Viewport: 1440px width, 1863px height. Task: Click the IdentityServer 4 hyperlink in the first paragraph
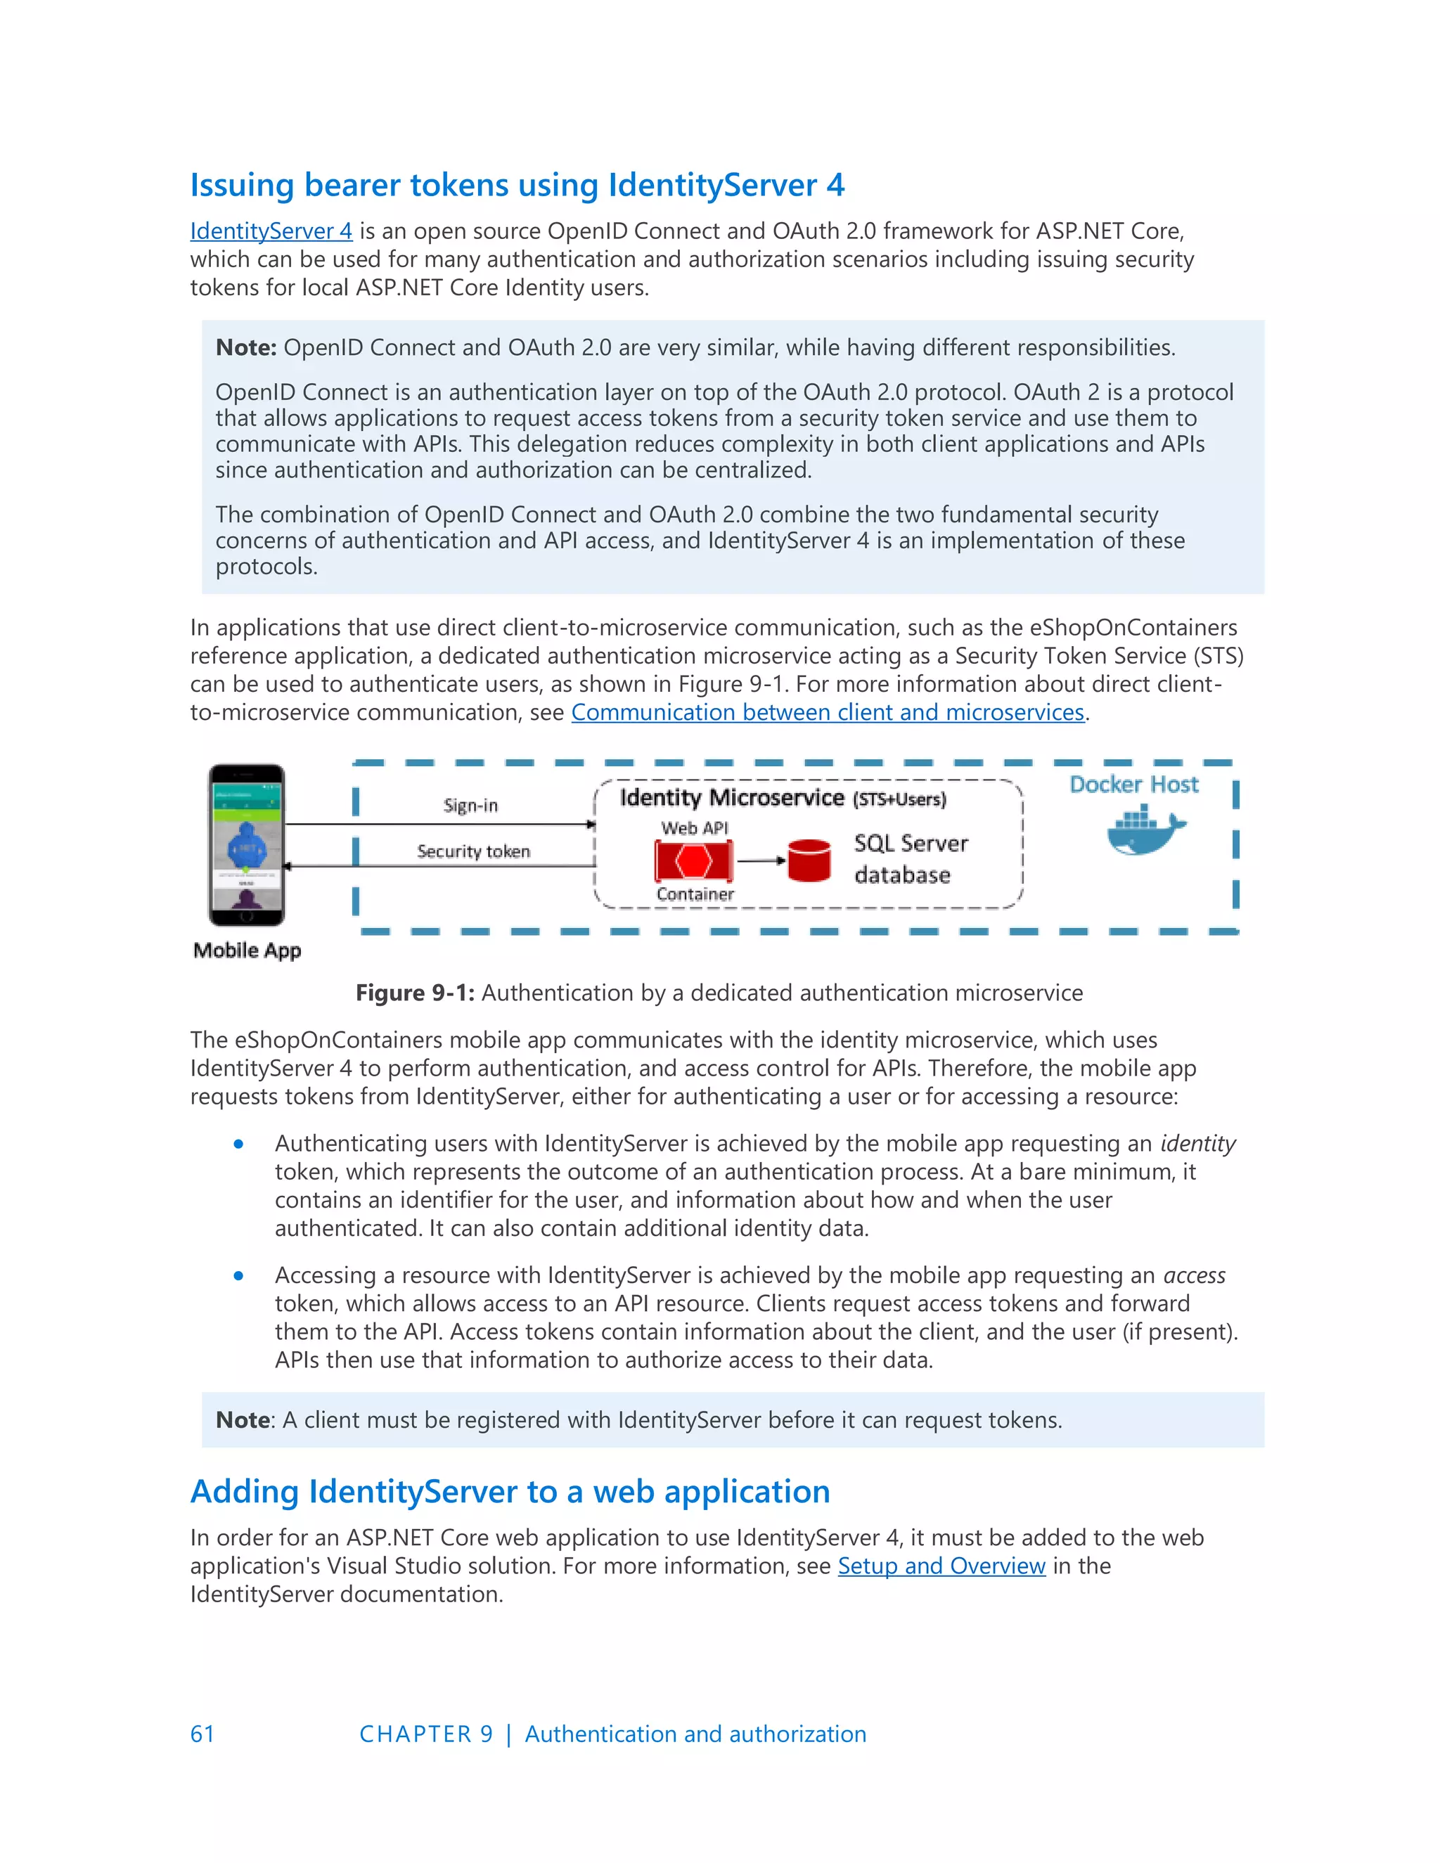(271, 231)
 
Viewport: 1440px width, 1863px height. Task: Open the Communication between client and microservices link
(827, 712)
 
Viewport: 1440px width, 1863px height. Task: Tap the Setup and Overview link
(941, 1566)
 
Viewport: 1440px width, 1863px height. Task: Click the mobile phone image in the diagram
(247, 844)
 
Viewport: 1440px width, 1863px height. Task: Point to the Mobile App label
(247, 950)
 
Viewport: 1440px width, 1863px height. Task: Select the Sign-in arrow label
(470, 805)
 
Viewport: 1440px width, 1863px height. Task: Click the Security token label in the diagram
(473, 851)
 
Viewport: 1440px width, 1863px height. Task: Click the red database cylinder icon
(809, 860)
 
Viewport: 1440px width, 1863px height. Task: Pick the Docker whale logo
(1145, 831)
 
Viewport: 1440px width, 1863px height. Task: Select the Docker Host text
(1133, 785)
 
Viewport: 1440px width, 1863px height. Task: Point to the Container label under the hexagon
(695, 894)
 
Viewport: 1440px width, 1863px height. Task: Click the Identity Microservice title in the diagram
(731, 798)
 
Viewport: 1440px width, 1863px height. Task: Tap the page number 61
(202, 1734)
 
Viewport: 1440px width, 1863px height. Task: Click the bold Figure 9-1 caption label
(415, 993)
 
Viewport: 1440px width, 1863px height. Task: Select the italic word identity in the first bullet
(1197, 1144)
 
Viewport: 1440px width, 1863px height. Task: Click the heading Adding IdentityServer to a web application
(509, 1492)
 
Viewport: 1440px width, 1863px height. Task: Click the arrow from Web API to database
(760, 860)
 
